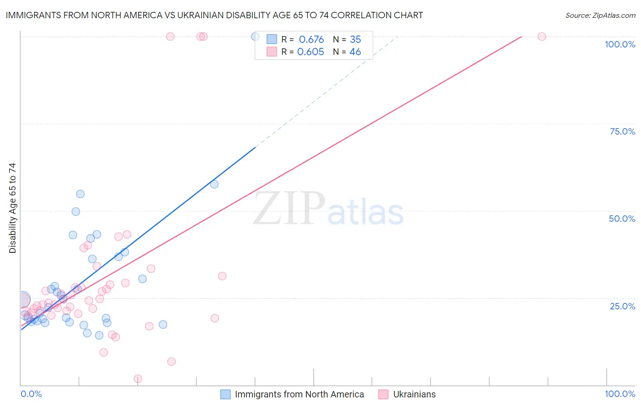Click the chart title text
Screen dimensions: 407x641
(214, 15)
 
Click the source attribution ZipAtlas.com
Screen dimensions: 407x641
(600, 16)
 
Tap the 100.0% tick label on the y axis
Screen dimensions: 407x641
(620, 44)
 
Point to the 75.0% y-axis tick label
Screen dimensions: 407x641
(622, 131)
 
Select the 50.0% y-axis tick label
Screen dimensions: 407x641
(621, 219)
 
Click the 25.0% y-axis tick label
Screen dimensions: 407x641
(622, 306)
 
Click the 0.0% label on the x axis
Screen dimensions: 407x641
(31, 394)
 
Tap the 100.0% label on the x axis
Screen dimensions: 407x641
(620, 394)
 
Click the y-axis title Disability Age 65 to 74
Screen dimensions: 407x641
(12, 208)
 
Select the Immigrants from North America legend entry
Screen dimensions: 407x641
(299, 394)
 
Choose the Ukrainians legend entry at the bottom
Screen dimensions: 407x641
(414, 394)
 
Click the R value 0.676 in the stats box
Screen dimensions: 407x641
(311, 40)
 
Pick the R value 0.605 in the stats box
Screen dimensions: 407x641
(310, 52)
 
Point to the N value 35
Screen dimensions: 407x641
(355, 40)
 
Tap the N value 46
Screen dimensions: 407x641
(355, 52)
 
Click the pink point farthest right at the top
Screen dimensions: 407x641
(542, 37)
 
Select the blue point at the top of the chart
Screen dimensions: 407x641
(255, 37)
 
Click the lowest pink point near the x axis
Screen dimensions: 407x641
(138, 379)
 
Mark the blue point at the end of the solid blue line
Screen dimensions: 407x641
(214, 184)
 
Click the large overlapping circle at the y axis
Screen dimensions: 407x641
(22, 300)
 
